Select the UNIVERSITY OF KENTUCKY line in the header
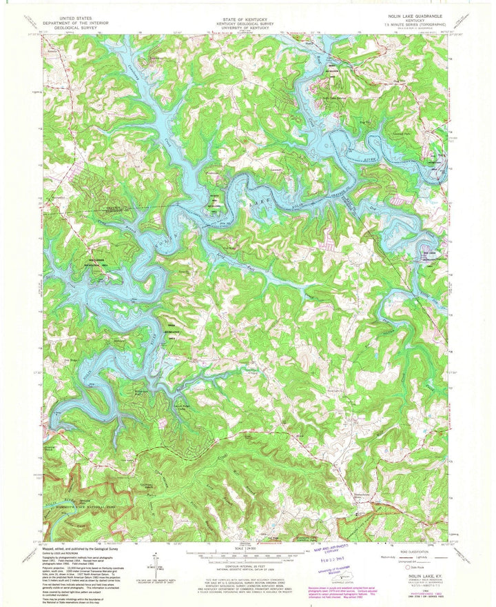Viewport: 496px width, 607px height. (248, 27)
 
